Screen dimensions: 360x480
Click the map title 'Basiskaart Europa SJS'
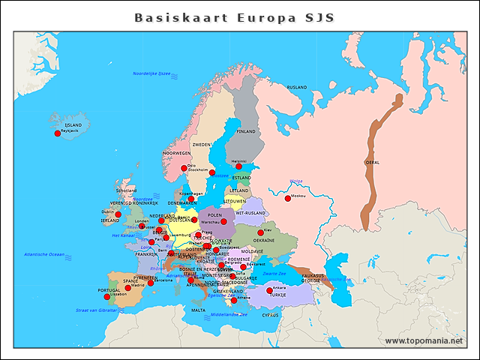(234, 17)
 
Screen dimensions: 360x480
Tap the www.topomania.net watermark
(424, 340)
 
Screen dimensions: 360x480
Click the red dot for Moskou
(287, 198)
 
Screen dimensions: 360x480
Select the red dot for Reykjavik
(58, 133)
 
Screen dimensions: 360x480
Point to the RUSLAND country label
(297, 88)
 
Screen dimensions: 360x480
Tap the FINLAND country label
(246, 130)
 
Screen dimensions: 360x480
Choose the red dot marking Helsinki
(239, 166)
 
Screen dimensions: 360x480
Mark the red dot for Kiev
(261, 232)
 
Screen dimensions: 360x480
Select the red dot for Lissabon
(107, 298)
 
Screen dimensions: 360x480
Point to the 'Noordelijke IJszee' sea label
(152, 73)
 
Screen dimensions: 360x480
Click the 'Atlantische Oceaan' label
(44, 254)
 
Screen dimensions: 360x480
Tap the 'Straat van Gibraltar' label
(96, 310)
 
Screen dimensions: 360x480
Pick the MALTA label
(198, 310)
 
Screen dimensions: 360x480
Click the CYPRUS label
(270, 315)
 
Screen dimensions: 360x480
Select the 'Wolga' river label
(295, 181)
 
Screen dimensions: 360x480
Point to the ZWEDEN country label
(202, 144)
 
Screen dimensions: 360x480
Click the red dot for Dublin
(118, 214)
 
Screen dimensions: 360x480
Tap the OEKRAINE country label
(263, 240)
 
